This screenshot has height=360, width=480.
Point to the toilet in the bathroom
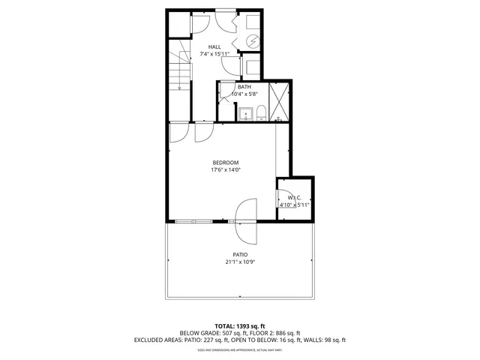(x=260, y=113)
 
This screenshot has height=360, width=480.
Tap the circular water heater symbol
(x=253, y=43)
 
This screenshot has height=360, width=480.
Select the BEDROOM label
(x=225, y=163)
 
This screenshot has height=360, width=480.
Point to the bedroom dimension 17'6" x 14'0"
(x=225, y=170)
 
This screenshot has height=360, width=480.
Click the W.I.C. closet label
(x=294, y=197)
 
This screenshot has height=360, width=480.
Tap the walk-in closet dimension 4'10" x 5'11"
(x=294, y=205)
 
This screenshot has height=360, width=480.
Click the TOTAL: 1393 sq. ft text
(x=240, y=325)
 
